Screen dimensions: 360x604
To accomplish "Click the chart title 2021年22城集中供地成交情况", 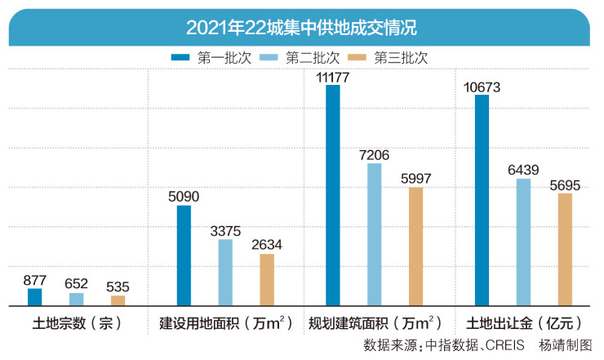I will [301, 27].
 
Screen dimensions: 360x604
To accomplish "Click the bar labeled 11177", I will [333, 195].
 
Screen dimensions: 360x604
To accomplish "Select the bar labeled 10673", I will [482, 200].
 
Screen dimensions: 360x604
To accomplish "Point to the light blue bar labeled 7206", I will [374, 234].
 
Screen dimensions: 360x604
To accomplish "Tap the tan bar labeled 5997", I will [416, 247].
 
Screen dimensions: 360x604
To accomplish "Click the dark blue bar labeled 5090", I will [184, 256].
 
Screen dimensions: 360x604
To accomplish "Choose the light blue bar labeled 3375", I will [225, 273].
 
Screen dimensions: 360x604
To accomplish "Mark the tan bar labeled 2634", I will [268, 280].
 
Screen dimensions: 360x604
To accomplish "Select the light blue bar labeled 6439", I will [523, 242].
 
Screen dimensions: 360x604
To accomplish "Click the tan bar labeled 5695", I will [565, 250].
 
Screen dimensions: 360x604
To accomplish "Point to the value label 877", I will [34, 281].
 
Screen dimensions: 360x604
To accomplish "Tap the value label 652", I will [76, 285].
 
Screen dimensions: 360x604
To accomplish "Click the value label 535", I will [118, 287].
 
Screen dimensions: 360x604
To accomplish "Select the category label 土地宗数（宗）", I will [77, 322].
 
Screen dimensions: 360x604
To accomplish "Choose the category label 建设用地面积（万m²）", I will [226, 322].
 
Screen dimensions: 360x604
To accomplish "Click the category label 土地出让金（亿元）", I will [523, 322].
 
